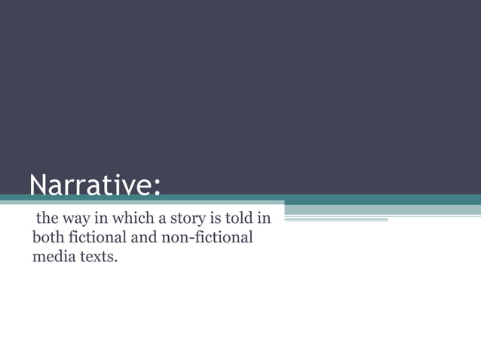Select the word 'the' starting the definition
pyautogui.click(x=47, y=220)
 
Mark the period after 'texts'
pyautogui.click(x=116, y=262)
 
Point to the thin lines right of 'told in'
pyautogui.click(x=335, y=220)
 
